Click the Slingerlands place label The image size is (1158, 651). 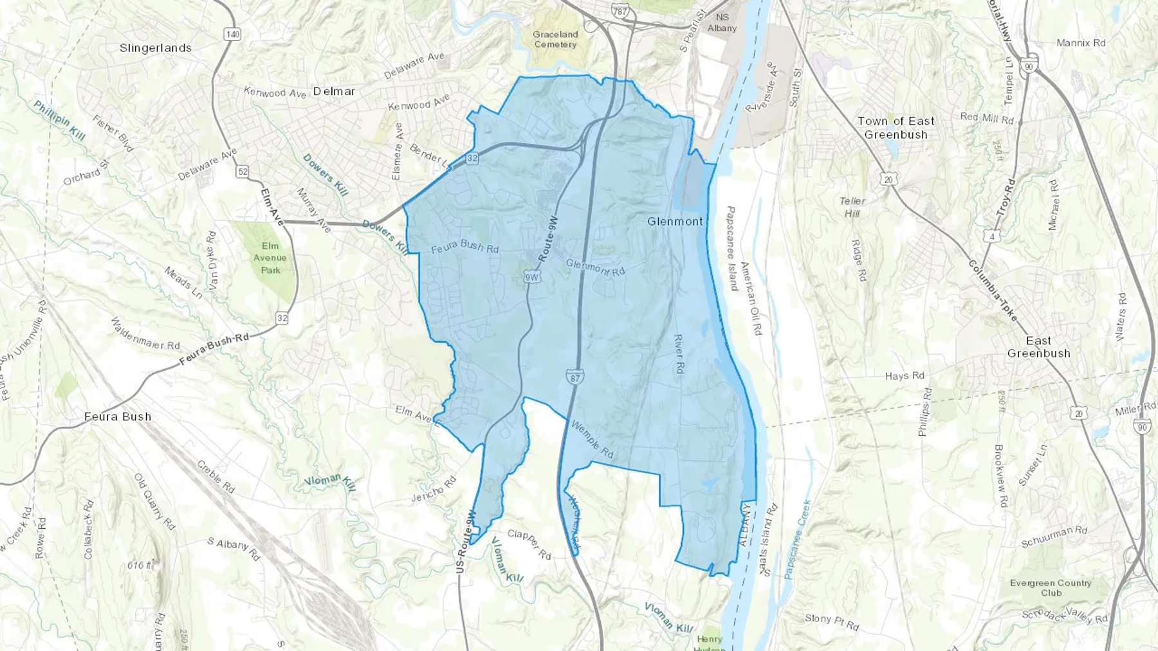tap(156, 48)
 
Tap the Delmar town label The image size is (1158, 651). tap(334, 91)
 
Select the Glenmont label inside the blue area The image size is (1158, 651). tap(675, 221)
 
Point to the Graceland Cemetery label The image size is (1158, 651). tap(555, 39)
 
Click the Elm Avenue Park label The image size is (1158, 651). tap(270, 258)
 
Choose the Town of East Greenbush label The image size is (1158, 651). tap(896, 128)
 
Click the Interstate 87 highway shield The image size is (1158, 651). tap(574, 378)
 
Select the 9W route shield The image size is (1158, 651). tap(531, 277)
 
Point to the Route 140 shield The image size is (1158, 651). tap(232, 35)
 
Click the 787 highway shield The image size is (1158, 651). tap(620, 12)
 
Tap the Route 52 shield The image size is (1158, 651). tap(243, 172)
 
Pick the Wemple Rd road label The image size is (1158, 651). tap(593, 440)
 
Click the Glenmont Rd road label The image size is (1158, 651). tap(595, 267)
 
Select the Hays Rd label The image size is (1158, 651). tap(904, 376)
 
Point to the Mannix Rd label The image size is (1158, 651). tap(1081, 43)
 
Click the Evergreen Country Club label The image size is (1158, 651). tap(1051, 587)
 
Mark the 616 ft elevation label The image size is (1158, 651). tap(140, 566)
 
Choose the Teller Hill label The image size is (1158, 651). tap(852, 207)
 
